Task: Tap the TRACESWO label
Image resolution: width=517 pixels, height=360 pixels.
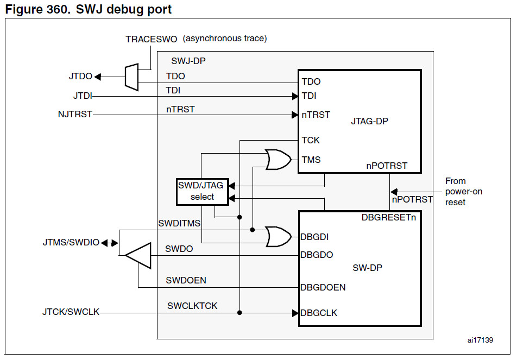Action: pos(152,39)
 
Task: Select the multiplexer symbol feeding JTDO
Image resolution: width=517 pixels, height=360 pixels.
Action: pos(131,77)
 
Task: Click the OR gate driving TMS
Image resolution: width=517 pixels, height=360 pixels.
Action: pos(278,160)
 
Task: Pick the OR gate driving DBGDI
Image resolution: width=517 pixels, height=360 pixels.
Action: pos(278,236)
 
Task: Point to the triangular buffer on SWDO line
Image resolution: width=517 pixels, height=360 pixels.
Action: pos(138,256)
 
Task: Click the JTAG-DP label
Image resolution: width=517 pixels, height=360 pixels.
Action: pos(369,121)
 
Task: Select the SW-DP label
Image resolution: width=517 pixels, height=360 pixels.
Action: pos(367,268)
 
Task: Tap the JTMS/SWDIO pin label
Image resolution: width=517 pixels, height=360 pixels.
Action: pos(71,243)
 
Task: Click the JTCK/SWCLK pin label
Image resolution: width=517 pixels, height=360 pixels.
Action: pos(71,312)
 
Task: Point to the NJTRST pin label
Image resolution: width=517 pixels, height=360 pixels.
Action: pos(75,115)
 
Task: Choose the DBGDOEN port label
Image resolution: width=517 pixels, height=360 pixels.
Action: pos(323,287)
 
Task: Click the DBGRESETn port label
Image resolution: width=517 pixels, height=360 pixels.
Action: pos(389,218)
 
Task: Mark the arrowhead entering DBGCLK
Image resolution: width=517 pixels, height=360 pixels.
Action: pos(295,313)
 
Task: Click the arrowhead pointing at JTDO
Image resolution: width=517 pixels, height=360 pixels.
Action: pos(98,77)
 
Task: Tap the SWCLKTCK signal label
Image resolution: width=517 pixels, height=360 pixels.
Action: pos(192,306)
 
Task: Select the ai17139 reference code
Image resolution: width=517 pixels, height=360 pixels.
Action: pos(480,340)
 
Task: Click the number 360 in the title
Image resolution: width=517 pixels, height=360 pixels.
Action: pos(56,9)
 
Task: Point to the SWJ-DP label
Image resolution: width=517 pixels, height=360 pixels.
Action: pos(188,61)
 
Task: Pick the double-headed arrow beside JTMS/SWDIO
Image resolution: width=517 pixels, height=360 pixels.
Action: pos(110,243)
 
